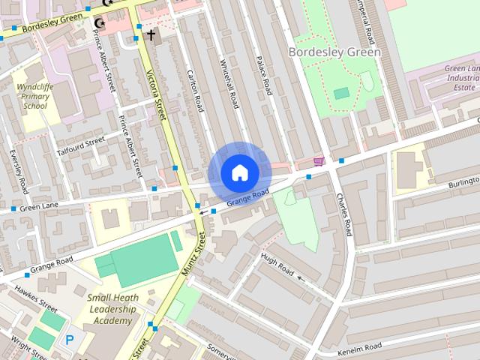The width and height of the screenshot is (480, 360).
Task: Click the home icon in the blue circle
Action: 239,172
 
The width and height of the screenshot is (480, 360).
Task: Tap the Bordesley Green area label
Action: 334,52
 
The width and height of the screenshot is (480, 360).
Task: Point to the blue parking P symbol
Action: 70,340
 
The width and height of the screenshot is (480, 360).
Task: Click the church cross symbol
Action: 151,34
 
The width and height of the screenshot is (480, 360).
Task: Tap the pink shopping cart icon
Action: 319,161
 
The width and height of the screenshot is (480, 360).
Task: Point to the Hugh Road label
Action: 277,264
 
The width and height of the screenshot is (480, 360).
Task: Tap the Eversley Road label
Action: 18,171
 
